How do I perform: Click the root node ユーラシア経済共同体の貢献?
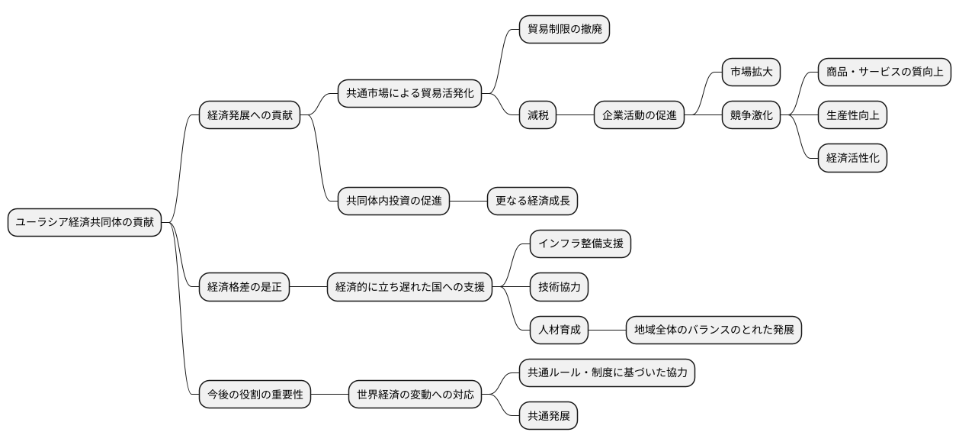(85, 223)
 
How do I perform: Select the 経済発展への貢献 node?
(250, 116)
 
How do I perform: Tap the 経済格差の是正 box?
(244, 288)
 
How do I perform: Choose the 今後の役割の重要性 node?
(255, 395)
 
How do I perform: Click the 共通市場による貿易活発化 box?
(409, 94)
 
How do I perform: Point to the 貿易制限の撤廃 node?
(564, 29)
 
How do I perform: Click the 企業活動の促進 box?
(639, 116)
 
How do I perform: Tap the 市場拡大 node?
(751, 73)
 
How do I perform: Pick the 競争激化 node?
(751, 116)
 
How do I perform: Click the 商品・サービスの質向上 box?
(884, 73)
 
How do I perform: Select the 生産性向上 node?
(852, 116)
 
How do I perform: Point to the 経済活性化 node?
(852, 159)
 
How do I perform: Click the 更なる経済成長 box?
(533, 202)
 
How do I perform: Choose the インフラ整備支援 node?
(580, 244)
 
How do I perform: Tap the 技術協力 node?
(559, 288)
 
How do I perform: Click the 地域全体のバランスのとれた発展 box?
(714, 331)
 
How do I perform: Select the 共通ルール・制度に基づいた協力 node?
(607, 373)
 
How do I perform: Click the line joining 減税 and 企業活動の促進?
(576, 116)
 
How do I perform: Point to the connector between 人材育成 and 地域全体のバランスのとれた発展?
(608, 331)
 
